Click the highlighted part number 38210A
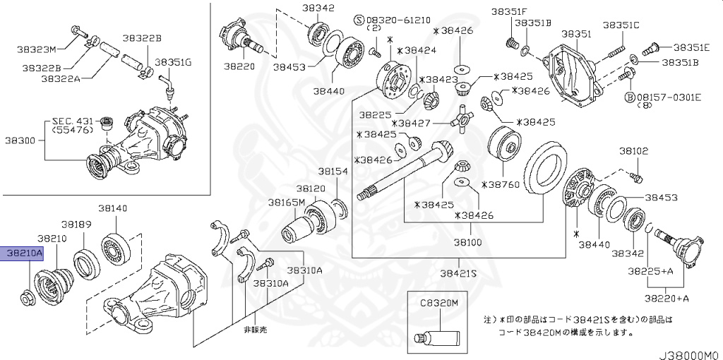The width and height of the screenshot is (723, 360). point(24,252)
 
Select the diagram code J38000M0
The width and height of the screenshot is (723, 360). point(689,355)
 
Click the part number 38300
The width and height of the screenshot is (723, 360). point(20,140)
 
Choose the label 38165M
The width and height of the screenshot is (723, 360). point(286,202)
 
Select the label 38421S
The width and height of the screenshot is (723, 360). point(459,272)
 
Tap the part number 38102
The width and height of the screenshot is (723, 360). point(633,151)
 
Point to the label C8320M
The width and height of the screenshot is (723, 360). point(438,302)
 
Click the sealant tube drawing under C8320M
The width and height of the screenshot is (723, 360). point(438,337)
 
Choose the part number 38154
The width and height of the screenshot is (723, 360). point(332,172)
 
